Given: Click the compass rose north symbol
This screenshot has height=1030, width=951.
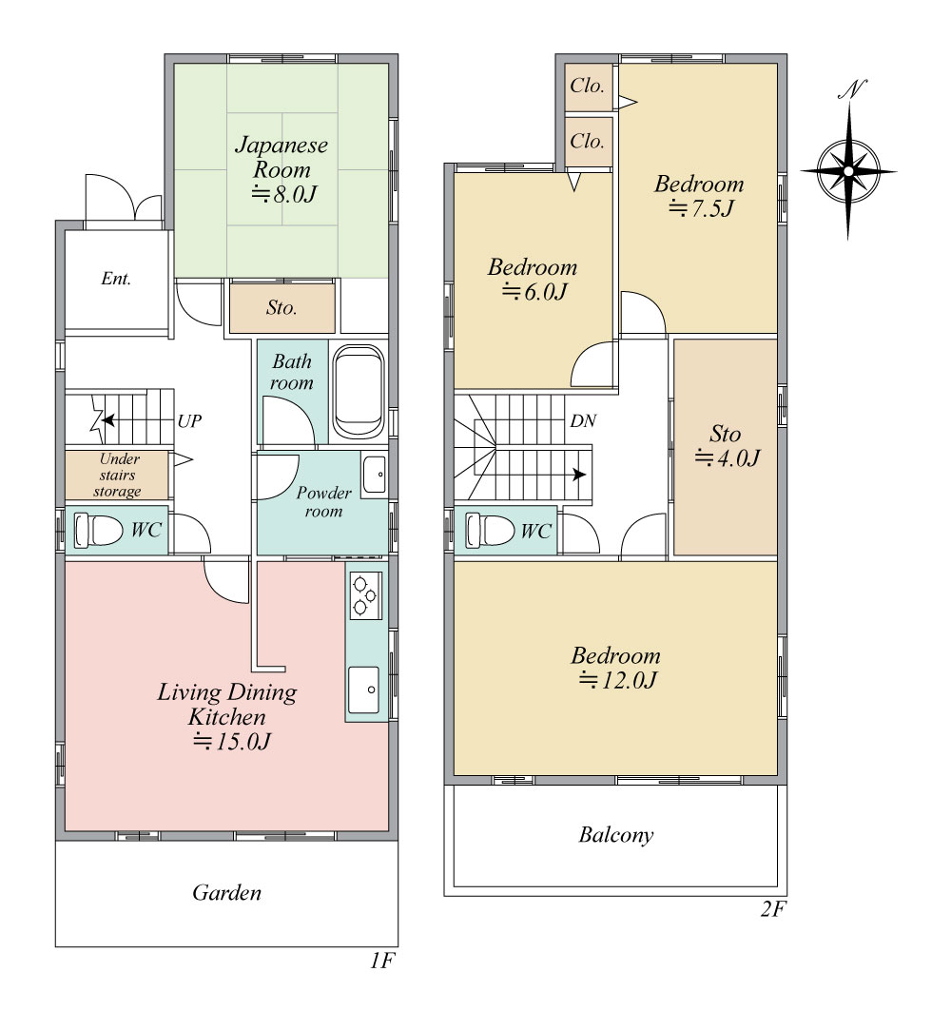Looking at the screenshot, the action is coord(848,171).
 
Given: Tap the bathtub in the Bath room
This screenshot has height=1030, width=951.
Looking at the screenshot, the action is coord(358,392).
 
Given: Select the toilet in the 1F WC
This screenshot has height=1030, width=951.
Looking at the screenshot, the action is coord(97,530).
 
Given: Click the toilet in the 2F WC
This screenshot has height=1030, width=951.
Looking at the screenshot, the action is coord(490,530).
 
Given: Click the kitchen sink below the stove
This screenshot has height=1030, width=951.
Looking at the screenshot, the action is coord(364,690).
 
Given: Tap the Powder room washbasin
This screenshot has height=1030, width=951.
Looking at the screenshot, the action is coord(374,474).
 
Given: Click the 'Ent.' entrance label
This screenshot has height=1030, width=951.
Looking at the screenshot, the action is coord(116,279).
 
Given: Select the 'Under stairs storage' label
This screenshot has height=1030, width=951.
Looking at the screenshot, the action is coord(118,475).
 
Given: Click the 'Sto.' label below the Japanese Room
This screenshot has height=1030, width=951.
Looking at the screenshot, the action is coord(281,307).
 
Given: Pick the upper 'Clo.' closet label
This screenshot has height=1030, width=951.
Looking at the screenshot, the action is coord(587,86).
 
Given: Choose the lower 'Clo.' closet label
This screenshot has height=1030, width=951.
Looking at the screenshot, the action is coord(587,141).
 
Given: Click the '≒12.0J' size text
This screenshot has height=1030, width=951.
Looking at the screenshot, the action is coord(617,681).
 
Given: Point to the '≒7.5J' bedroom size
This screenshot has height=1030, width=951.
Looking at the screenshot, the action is coord(701,209).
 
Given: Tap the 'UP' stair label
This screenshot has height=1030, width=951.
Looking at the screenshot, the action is coord(189,421).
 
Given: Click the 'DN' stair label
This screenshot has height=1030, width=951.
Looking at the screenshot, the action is coord(583,421).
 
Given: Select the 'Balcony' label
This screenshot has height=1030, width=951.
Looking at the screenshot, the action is coord(616,835).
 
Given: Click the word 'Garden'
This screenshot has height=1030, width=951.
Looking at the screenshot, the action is coord(226,893).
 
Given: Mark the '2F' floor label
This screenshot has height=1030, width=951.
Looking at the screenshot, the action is coord(773,909).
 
